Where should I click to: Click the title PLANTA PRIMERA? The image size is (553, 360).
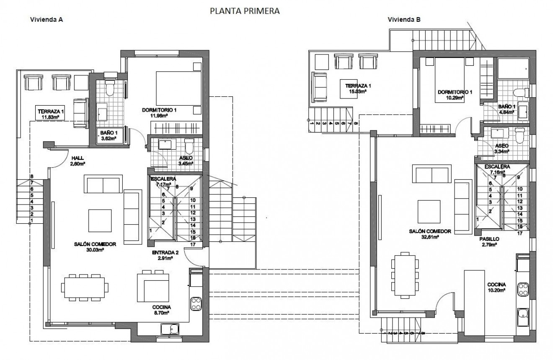pyautogui.click(x=245, y=11)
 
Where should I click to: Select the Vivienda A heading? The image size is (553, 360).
pyautogui.click(x=47, y=19)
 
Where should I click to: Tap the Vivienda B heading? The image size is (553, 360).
pyautogui.click(x=404, y=19)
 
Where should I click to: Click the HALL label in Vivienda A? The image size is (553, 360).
pyautogui.click(x=78, y=158)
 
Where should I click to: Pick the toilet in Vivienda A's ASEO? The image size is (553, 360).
pyautogui.click(x=189, y=146)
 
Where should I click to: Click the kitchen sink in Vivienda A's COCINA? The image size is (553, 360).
pyautogui.click(x=170, y=330)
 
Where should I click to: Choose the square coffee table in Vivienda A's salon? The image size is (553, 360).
pyautogui.click(x=100, y=220)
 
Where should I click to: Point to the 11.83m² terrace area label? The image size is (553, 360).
pyautogui.click(x=50, y=117)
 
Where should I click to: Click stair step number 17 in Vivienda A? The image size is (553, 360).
pyautogui.click(x=193, y=244)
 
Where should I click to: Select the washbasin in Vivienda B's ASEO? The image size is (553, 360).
pyautogui.click(x=496, y=135)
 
